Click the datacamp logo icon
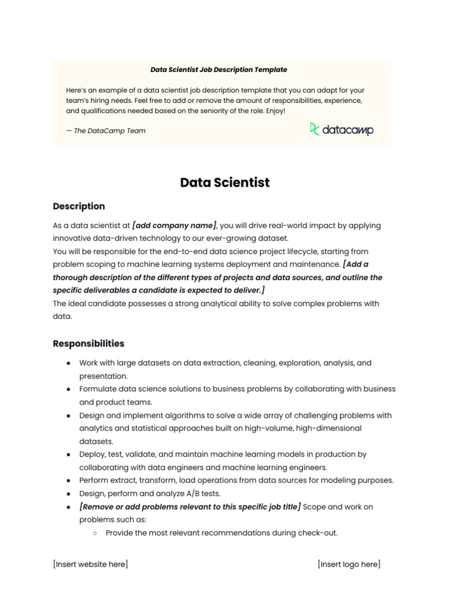(x=315, y=129)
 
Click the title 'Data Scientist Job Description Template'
(x=219, y=70)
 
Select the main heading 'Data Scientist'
(x=225, y=183)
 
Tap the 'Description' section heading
(x=79, y=206)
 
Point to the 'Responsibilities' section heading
(x=88, y=344)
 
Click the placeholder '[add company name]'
(x=175, y=226)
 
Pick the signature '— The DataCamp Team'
(x=106, y=131)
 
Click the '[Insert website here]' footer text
(x=90, y=564)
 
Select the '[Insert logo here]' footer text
(x=349, y=564)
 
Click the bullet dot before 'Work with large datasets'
(x=69, y=363)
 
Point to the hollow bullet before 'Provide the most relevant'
(x=95, y=533)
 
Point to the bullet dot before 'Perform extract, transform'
(x=69, y=481)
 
